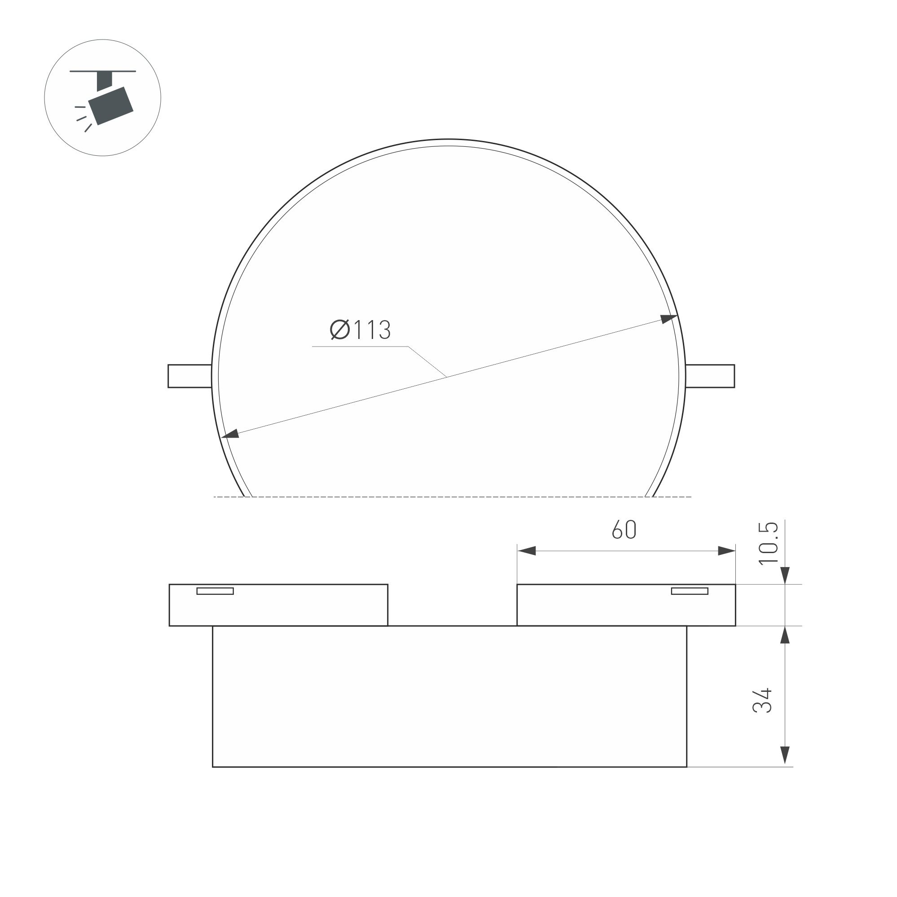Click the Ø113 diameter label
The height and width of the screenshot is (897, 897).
click(x=361, y=330)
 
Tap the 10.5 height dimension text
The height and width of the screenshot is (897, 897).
click(x=768, y=544)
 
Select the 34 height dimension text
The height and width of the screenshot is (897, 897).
click(x=762, y=701)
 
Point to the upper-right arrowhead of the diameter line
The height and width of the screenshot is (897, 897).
click(x=669, y=318)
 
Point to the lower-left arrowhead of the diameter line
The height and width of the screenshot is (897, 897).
click(x=230, y=434)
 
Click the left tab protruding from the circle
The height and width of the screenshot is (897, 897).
click(x=189, y=376)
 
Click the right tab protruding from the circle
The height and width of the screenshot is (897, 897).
click(x=710, y=376)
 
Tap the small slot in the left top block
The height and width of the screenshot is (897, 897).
click(x=215, y=591)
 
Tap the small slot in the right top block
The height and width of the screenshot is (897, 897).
click(x=690, y=591)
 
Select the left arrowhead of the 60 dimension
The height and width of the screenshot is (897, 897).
click(x=527, y=551)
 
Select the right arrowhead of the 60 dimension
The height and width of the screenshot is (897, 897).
click(x=726, y=551)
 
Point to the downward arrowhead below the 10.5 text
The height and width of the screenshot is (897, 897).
click(x=785, y=575)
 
